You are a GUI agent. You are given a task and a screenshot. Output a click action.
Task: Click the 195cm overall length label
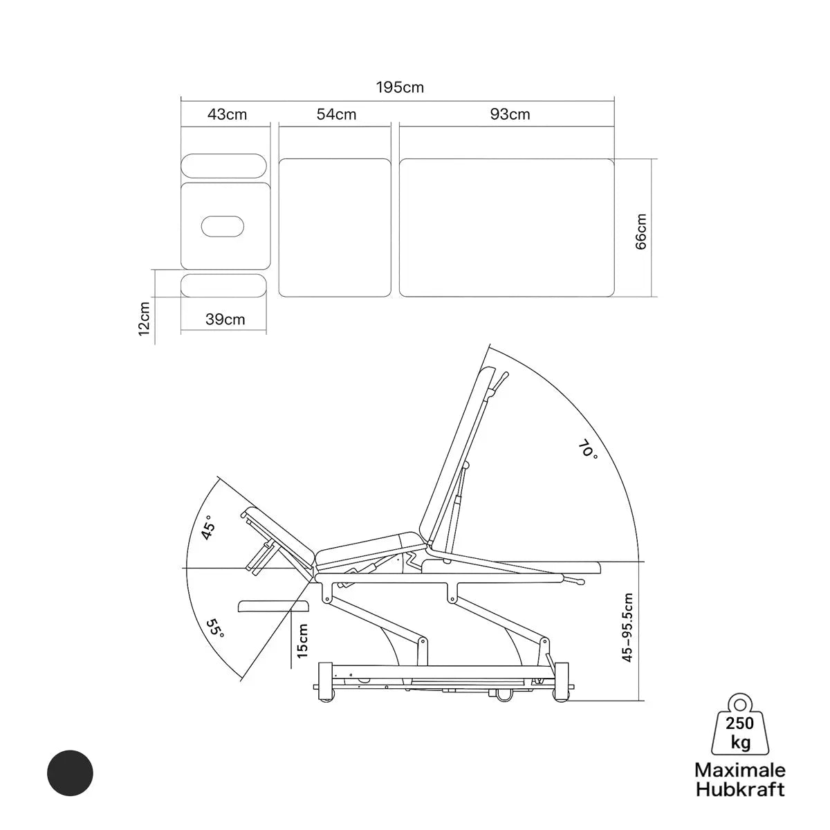pos(400,87)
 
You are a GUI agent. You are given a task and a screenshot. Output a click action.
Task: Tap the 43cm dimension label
pos(227,115)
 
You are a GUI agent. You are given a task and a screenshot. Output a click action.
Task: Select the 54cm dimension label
pos(336,115)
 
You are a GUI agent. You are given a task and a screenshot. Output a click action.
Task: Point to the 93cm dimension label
pos(510,114)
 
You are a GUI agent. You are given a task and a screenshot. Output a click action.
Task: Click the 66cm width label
pos(641,232)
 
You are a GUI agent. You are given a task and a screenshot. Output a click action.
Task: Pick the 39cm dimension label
pos(225,319)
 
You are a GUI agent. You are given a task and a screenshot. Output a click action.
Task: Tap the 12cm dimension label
pos(145,319)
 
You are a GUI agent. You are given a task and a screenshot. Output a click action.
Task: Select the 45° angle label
pos(208,528)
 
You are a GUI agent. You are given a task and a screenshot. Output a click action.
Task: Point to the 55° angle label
pos(215,629)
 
